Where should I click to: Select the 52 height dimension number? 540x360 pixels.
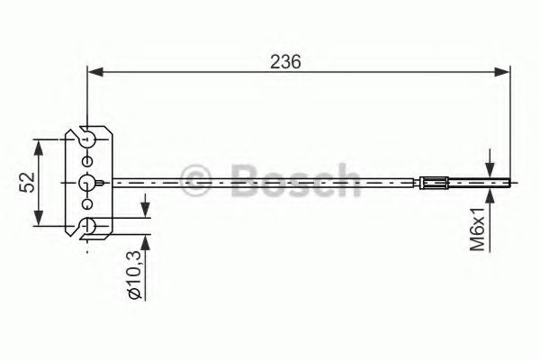[26, 183]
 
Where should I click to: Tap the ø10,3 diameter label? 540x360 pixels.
[131, 277]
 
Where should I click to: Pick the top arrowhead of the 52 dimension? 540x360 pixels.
[39, 144]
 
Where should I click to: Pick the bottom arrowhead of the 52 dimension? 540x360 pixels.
[39, 222]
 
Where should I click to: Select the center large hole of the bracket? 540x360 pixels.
[87, 183]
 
